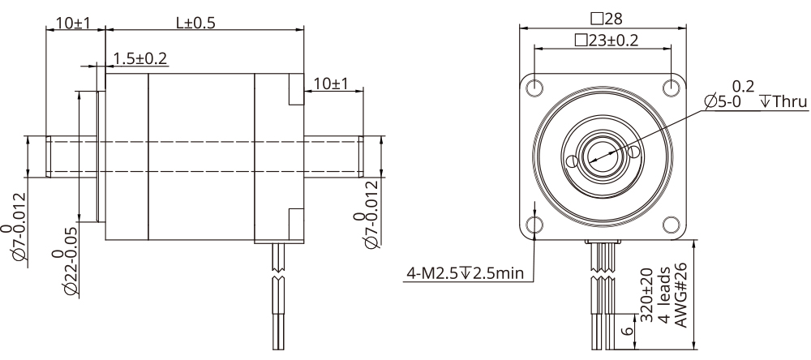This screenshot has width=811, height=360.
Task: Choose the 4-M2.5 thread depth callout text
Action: coord(464,272)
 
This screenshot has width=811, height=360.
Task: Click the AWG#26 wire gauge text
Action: coord(681,296)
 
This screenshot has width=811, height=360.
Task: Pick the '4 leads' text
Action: coord(664,296)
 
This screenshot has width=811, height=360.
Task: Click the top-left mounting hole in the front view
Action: coord(535,87)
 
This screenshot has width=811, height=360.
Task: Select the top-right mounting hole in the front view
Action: coord(671,87)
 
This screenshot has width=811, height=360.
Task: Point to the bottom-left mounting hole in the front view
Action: coord(535,224)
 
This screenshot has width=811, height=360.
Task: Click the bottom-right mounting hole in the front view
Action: coord(671,224)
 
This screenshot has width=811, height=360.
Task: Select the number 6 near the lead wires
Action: coord(626,330)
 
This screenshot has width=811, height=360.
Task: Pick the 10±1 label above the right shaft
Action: coord(330,84)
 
